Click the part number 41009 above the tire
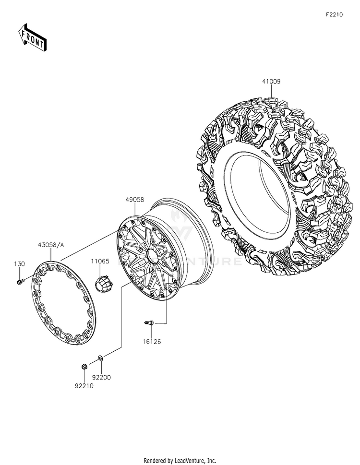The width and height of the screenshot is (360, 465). click(271, 81)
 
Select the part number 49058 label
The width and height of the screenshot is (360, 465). click(134, 200)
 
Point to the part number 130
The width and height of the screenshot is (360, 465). click(20, 264)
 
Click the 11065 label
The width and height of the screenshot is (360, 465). click(100, 261)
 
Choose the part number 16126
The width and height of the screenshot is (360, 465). click(151, 342)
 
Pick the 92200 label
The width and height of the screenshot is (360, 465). click(101, 378)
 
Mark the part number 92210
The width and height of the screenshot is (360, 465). click(84, 386)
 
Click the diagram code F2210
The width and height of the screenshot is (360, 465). click(334, 14)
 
